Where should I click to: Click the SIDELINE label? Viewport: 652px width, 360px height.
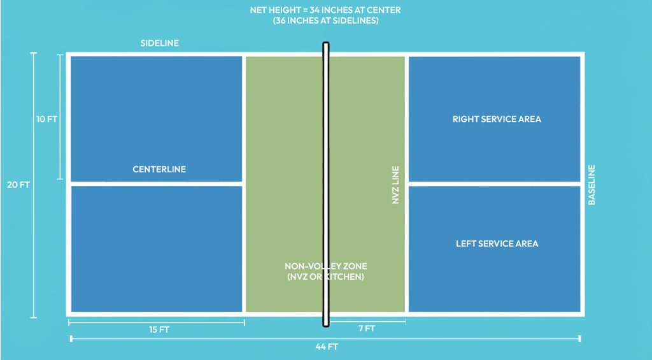point(159,43)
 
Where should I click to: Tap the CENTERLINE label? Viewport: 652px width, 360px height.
point(159,169)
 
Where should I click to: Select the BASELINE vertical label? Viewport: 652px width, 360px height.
point(592,185)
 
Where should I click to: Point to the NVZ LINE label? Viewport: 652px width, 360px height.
point(395,185)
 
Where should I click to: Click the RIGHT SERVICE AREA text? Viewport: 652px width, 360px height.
point(497,119)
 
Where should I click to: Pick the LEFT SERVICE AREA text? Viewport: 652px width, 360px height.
point(497,243)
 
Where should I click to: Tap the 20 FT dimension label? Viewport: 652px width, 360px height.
point(23,185)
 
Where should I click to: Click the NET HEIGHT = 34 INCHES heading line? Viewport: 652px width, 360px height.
point(325,10)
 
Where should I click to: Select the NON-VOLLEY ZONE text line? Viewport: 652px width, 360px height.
point(325,266)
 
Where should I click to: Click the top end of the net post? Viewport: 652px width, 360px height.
point(325,45)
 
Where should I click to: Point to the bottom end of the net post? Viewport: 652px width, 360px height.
point(325,324)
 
